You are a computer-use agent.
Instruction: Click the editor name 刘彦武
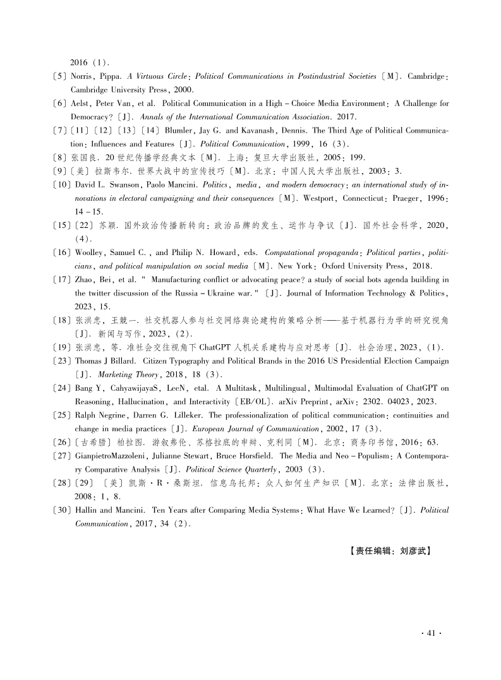tap(414, 551)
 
